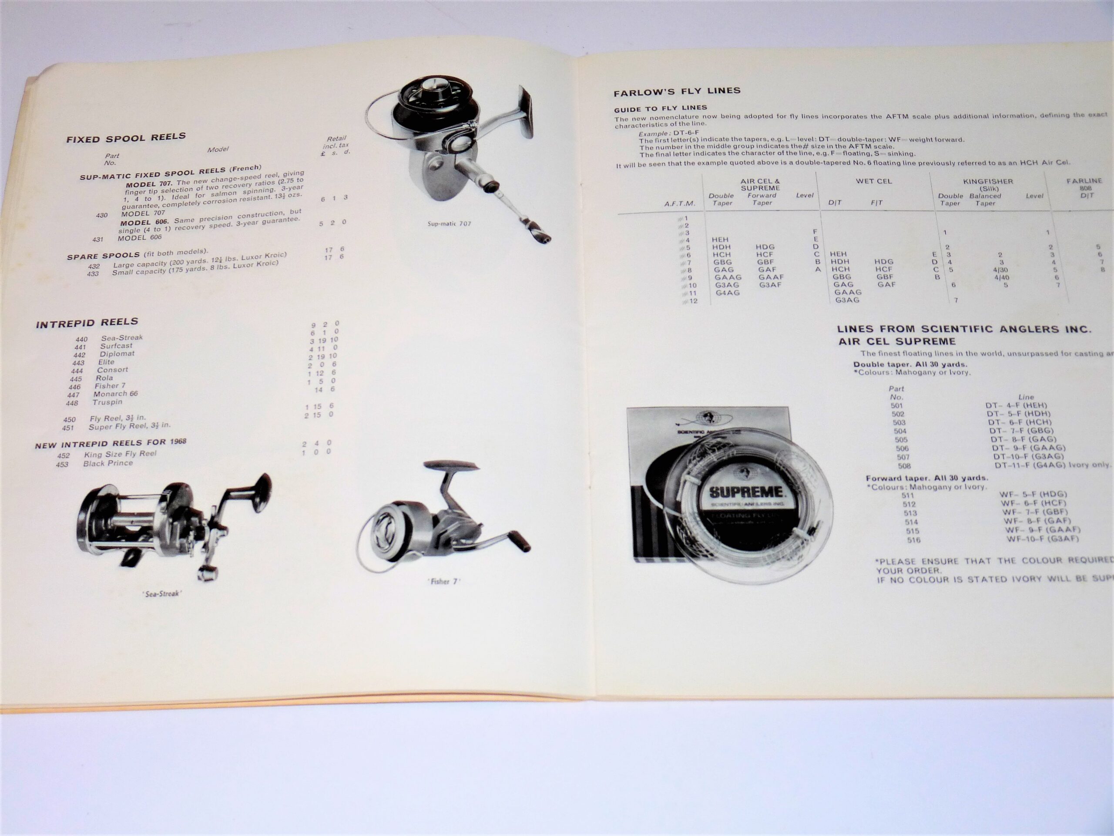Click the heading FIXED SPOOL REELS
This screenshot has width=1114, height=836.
coord(126,138)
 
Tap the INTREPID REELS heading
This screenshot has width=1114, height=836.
coord(87,323)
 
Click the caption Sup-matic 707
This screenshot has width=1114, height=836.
coord(449,223)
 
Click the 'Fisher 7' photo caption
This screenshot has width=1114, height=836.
coord(444,581)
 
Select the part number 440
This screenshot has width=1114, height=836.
coord(81,339)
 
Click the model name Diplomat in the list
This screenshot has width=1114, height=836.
coord(117,354)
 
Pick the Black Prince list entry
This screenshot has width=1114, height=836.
coord(108,463)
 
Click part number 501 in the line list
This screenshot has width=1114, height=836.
coord(896,406)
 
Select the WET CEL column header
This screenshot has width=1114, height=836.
coord(873,181)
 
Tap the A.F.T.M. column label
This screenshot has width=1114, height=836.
coord(679,204)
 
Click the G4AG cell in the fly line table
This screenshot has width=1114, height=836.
coord(727,293)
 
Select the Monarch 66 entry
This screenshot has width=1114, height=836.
coord(115,394)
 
